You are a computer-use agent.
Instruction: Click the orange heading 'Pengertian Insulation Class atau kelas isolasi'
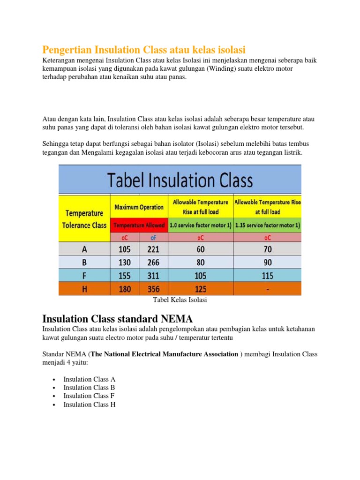point(144,49)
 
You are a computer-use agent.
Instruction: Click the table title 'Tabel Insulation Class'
point(180,180)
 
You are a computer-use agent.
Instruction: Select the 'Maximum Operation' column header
point(139,207)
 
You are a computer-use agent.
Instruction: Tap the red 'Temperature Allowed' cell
point(139,225)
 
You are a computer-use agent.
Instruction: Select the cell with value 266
point(153,262)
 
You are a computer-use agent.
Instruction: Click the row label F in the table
point(84,275)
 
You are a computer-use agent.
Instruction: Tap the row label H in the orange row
point(84,289)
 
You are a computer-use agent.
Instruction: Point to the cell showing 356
point(153,289)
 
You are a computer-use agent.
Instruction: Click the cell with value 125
point(200,289)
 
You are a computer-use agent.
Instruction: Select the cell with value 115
point(267,275)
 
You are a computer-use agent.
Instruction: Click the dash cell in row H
point(267,289)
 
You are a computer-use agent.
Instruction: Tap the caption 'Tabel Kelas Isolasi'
point(180,300)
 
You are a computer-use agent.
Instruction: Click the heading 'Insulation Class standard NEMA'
point(117,319)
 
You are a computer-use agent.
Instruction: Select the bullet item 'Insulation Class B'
point(89,387)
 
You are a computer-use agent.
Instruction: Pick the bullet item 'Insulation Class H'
point(89,404)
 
